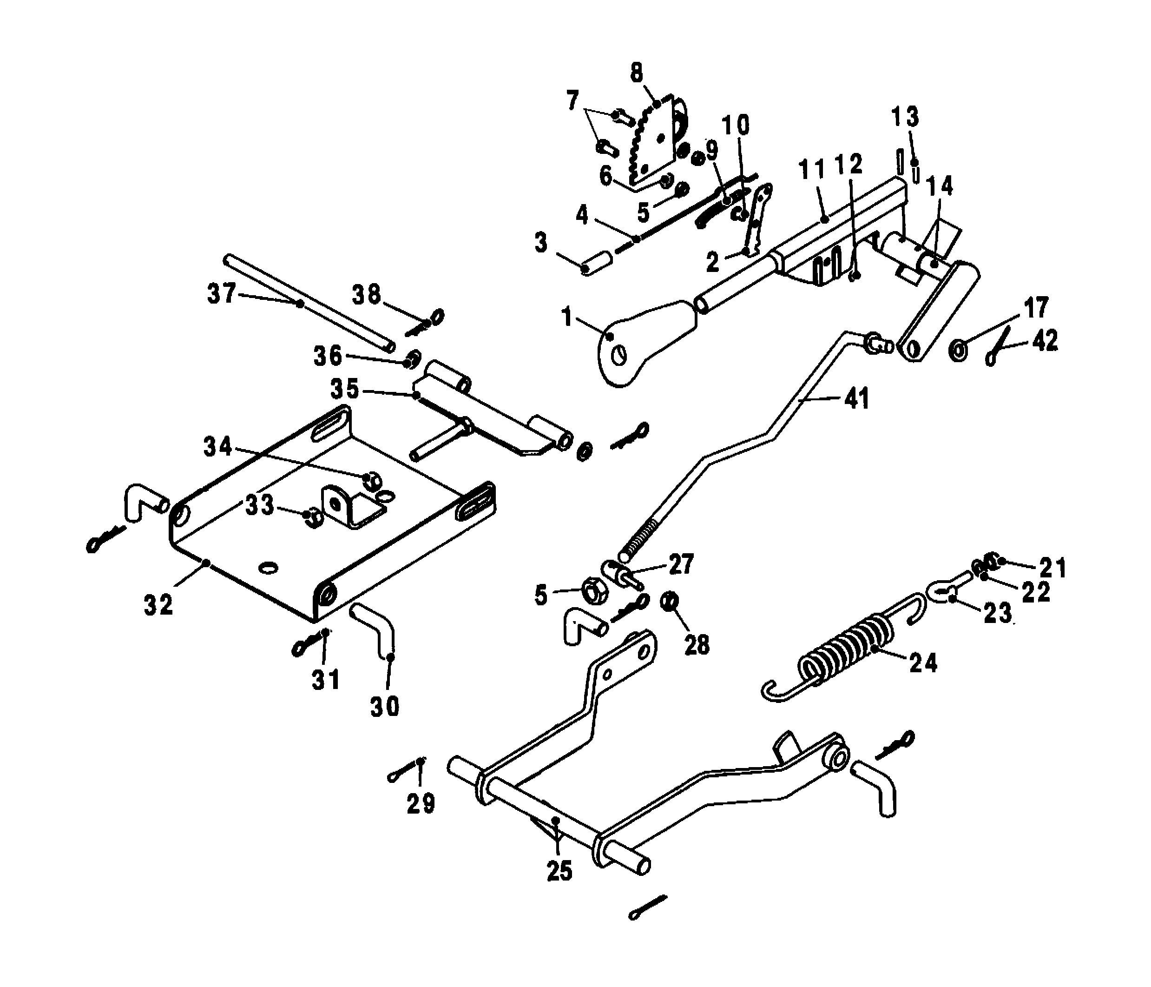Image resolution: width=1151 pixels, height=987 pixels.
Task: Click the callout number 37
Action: (x=222, y=293)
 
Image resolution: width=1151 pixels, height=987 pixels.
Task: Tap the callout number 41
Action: (x=856, y=398)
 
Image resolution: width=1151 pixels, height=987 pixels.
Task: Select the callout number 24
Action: (x=923, y=662)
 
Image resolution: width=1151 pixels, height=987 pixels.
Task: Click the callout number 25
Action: (x=559, y=871)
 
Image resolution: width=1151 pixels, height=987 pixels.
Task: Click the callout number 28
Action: (x=697, y=645)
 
